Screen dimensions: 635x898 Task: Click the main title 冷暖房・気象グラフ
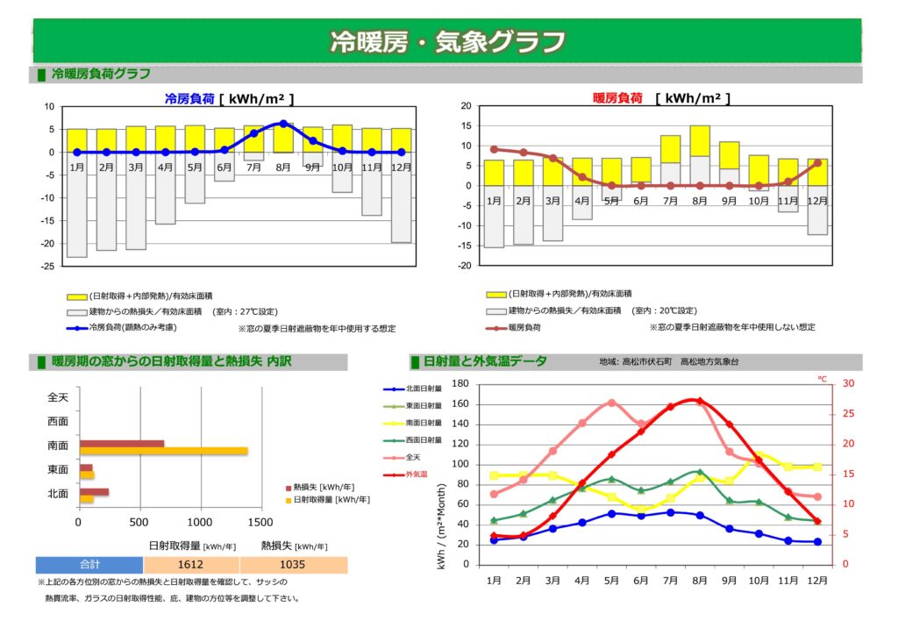coord(447,41)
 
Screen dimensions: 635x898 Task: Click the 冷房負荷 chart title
coord(189,99)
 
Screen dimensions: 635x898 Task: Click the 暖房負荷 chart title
coord(618,98)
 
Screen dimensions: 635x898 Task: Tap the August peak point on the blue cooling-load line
coord(283,124)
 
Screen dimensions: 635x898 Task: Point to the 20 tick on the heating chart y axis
coord(467,106)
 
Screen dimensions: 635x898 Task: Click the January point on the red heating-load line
coord(494,149)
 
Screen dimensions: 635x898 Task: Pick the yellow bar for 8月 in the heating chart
coord(700,140)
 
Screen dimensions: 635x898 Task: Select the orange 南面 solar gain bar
coord(163,451)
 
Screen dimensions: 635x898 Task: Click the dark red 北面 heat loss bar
coord(94,492)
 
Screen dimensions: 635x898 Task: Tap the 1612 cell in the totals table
coord(190,565)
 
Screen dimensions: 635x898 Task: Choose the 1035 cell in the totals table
coord(293,565)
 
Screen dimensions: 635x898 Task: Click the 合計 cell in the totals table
coord(89,565)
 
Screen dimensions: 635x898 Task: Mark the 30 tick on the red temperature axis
coord(823,383)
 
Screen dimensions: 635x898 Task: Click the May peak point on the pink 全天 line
coord(611,403)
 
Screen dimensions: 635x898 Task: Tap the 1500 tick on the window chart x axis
coord(261,523)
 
